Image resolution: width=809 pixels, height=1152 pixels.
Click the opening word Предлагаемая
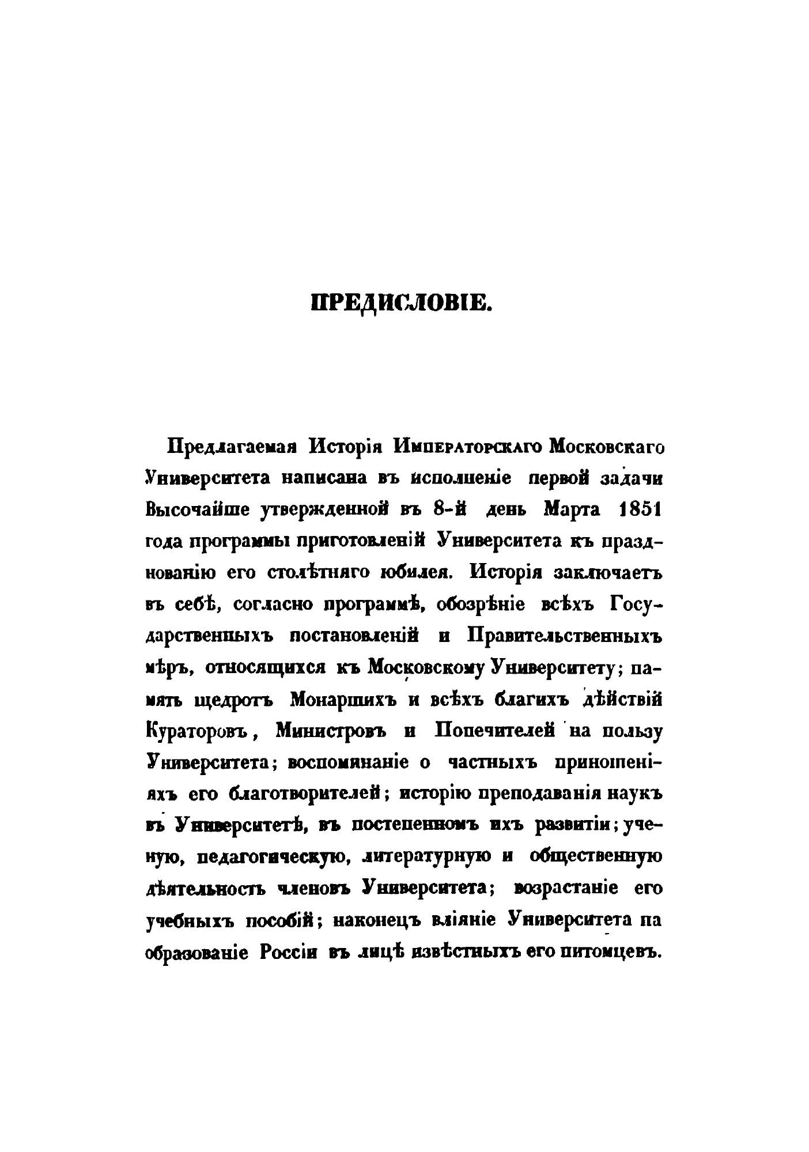pyautogui.click(x=229, y=448)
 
